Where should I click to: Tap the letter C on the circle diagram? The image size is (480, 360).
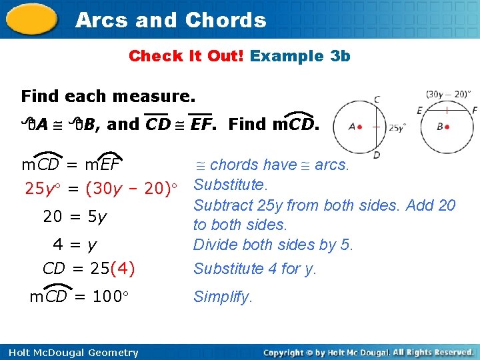point(377,99)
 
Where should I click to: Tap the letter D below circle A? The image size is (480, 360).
point(377,155)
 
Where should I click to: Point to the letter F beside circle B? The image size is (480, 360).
point(475,110)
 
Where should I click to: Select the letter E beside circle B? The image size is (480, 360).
point(419,110)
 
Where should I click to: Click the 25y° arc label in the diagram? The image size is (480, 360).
point(397,127)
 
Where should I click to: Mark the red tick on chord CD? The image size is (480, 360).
point(376,127)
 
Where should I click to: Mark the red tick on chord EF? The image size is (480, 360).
point(447,109)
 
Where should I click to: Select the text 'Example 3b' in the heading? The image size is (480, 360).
point(300,56)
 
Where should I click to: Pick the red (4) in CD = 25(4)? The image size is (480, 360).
point(123,269)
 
